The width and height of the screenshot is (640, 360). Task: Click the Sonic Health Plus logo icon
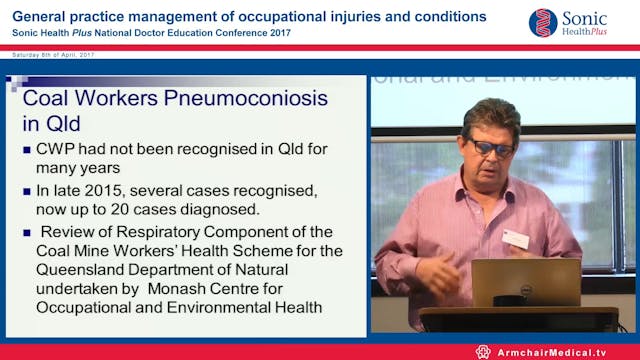(543, 22)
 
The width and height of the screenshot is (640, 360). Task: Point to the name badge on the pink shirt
(516, 238)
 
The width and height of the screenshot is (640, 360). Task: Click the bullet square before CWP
(27, 151)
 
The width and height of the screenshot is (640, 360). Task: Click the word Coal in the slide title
(47, 99)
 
